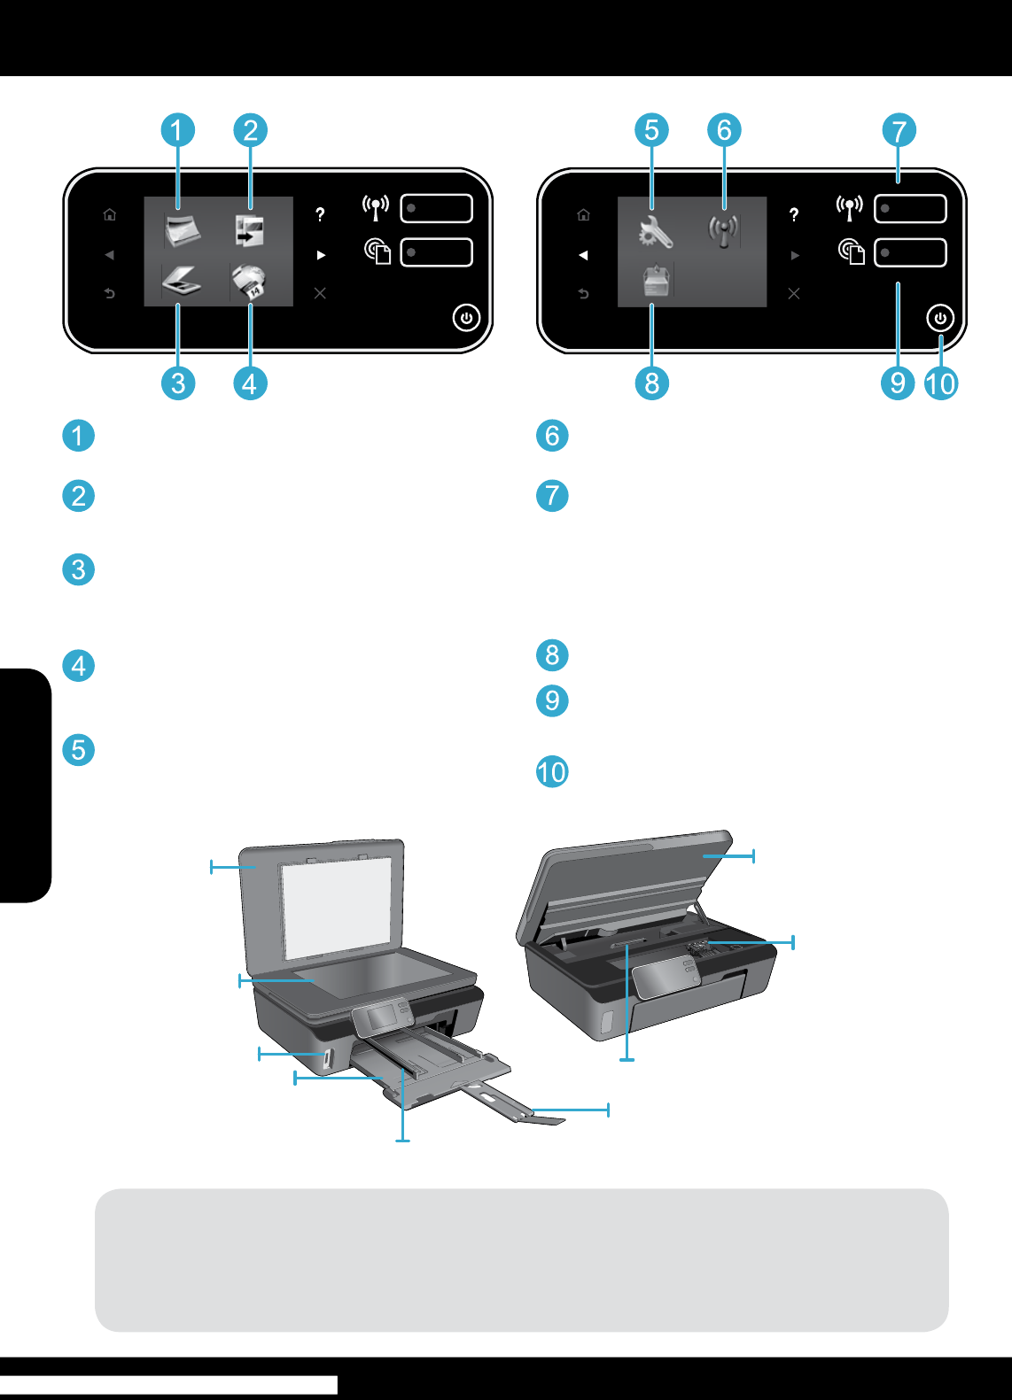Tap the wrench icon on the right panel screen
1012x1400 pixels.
(x=655, y=232)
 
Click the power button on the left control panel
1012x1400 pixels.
(x=466, y=318)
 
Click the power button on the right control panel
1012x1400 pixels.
(x=940, y=318)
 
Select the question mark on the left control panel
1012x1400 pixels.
(x=320, y=214)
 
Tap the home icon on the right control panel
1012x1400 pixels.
(x=583, y=214)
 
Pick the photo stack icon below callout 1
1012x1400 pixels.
(x=182, y=231)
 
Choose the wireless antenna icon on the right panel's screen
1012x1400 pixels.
(x=723, y=231)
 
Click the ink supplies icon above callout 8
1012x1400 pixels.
(x=656, y=280)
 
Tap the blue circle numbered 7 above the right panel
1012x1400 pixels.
(x=899, y=130)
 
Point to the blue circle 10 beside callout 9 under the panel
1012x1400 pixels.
(x=940, y=383)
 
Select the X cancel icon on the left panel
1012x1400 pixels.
(x=320, y=293)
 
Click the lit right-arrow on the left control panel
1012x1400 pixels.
(x=321, y=255)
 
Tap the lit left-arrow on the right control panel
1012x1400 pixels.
(x=583, y=255)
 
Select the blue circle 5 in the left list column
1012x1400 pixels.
(x=79, y=750)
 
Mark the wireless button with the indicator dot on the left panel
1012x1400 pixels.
(x=436, y=209)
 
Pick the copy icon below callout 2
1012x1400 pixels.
(x=250, y=231)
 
